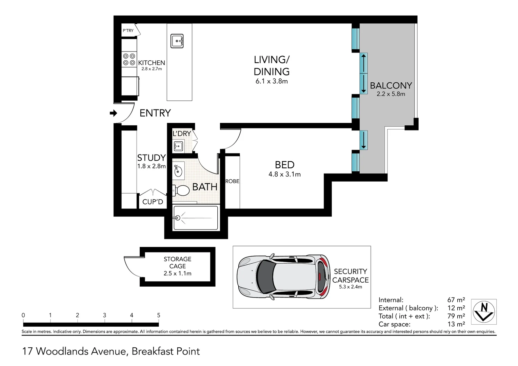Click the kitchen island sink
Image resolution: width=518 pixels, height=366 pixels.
point(177,41)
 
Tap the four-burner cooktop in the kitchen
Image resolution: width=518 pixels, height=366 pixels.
point(129,59)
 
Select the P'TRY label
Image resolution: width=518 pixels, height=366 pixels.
point(128,30)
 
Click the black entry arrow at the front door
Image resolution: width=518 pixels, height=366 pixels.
point(113,113)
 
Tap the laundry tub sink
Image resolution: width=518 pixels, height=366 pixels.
point(178,146)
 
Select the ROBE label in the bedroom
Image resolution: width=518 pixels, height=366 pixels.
point(232,181)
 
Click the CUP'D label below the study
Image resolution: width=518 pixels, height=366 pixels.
point(153,202)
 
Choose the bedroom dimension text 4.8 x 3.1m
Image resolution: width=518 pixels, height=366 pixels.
point(284,175)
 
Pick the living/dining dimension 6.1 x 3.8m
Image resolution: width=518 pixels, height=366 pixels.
point(272,81)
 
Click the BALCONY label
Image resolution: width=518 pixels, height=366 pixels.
point(391,85)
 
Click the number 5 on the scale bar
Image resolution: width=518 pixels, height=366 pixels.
point(159,315)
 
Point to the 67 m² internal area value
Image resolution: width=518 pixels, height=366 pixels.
point(456,300)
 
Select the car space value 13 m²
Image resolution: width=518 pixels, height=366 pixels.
point(456,324)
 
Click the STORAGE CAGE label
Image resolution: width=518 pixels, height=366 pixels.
point(177,263)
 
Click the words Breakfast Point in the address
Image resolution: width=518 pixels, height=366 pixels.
point(166,351)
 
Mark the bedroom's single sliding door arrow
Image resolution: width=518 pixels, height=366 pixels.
point(363,140)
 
